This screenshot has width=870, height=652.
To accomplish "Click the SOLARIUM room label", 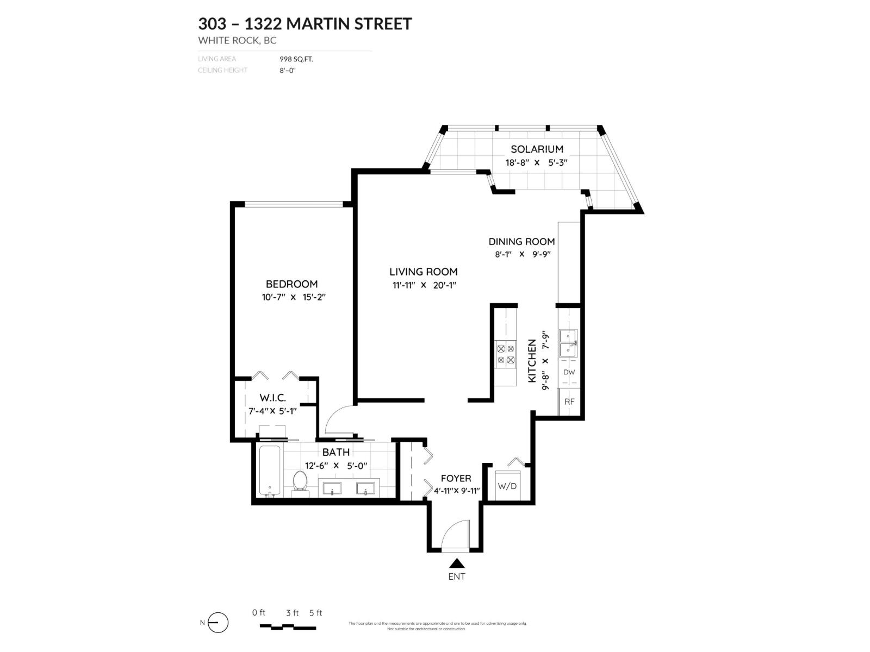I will click(x=536, y=149).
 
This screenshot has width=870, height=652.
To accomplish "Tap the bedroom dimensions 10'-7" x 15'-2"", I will click(x=293, y=297).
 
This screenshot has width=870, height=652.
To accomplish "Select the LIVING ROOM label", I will click(x=423, y=272).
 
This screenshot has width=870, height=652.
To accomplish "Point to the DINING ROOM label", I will click(x=521, y=242).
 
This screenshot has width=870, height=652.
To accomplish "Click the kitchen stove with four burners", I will click(x=506, y=354).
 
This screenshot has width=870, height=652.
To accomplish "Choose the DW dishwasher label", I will click(x=569, y=373).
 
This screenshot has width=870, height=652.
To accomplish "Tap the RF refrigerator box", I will click(x=569, y=402).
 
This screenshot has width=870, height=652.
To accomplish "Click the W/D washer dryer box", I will click(x=507, y=486).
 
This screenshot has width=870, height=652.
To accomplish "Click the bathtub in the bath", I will click(x=270, y=471).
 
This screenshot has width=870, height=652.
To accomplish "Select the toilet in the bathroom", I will click(x=300, y=483).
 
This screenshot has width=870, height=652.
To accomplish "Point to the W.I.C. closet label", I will click(x=272, y=398).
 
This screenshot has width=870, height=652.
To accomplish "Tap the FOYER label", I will click(x=456, y=478).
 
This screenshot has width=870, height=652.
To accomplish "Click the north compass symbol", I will click(x=217, y=623).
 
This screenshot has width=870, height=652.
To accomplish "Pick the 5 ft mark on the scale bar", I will click(x=316, y=613).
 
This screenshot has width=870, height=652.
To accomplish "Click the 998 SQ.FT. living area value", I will click(x=296, y=59).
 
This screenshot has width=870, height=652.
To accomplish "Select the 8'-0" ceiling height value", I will click(x=288, y=70).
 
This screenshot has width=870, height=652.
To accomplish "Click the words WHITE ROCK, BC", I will click(x=237, y=40).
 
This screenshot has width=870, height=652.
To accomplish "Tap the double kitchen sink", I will click(x=568, y=343).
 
